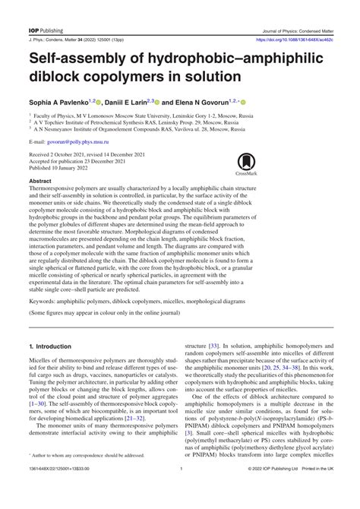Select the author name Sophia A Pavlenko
pos(61,101)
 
